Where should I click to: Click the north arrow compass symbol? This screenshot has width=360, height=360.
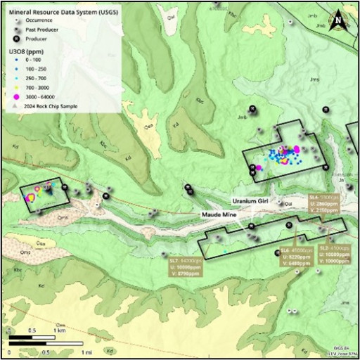340,19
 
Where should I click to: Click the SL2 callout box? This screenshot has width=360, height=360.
334,255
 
